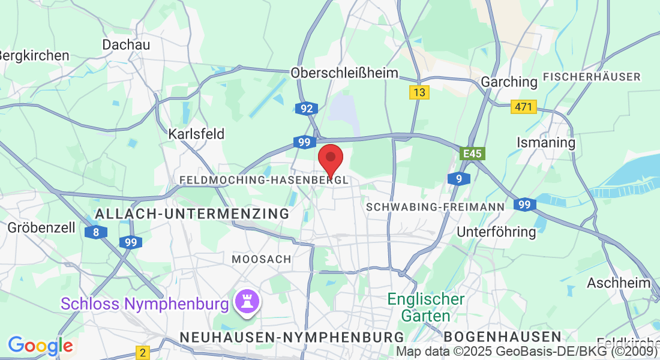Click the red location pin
330,158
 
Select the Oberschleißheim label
344,73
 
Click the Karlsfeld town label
196,133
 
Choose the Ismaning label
546,143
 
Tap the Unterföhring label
496,232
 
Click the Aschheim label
619,283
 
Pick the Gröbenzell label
41,228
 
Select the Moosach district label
262,259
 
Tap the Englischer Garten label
426,307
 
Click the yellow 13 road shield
419,92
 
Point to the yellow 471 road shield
523,107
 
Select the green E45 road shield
472,154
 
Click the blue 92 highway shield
307,109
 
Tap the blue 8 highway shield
96,232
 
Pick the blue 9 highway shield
458,178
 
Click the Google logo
40,346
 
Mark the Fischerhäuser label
592,77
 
